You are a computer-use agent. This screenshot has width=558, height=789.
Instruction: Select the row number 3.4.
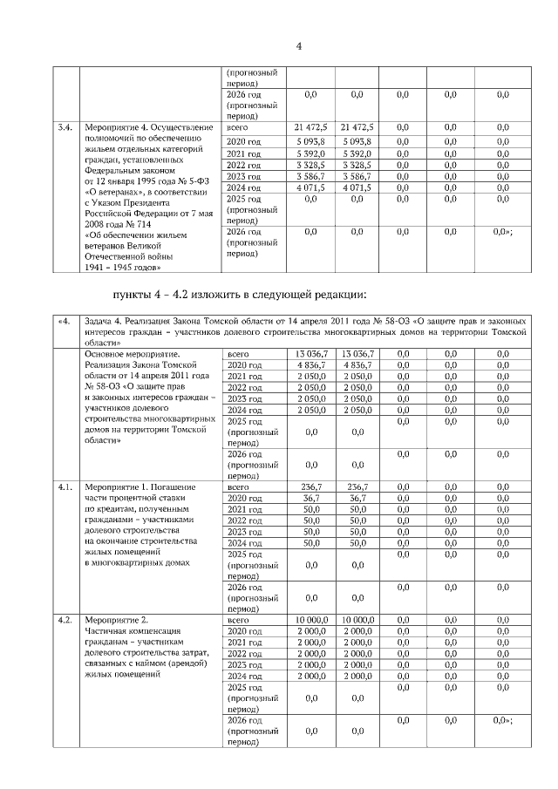pyautogui.click(x=65, y=128)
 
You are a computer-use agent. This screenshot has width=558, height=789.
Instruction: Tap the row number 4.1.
pyautogui.click(x=65, y=486)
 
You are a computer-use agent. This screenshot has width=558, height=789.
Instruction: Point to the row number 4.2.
pyautogui.click(x=65, y=620)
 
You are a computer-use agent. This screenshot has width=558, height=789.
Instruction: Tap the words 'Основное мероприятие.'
pyautogui.click(x=132, y=354)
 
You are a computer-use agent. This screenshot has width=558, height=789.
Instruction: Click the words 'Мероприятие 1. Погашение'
pyautogui.click(x=139, y=486)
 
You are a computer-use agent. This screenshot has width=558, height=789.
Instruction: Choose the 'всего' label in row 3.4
pyautogui.click(x=238, y=128)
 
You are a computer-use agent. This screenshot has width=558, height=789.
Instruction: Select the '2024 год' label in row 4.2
pyautogui.click(x=244, y=676)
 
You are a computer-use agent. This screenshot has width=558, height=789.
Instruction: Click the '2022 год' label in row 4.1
pyautogui.click(x=244, y=520)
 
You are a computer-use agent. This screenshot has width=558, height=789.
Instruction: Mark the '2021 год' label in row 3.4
pyautogui.click(x=244, y=153)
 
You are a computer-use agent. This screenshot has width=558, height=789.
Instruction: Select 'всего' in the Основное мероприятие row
pyautogui.click(x=238, y=354)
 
